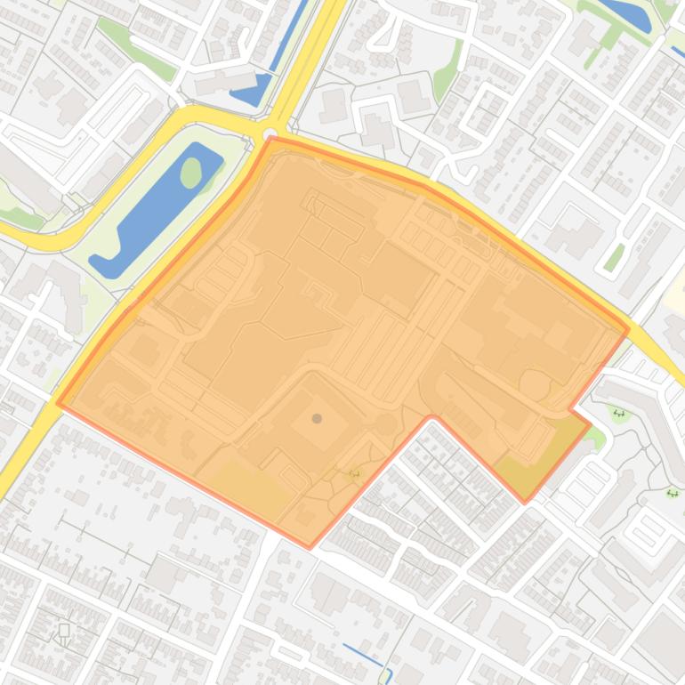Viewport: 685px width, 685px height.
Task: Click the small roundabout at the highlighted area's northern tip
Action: (270, 133)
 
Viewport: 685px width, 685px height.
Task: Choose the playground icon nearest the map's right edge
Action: (673, 493)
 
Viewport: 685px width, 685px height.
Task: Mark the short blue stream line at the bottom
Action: (366, 655)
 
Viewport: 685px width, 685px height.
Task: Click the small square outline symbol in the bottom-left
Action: (64, 630)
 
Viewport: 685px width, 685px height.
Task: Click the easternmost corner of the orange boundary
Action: (629, 329)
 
